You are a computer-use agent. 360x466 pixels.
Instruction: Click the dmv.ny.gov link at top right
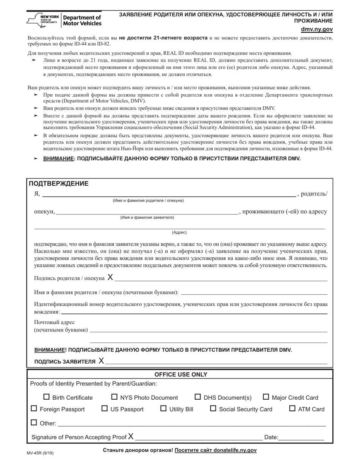point(317,29)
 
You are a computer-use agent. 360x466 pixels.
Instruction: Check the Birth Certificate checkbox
point(47,397)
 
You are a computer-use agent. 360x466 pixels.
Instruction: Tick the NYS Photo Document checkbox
point(114,397)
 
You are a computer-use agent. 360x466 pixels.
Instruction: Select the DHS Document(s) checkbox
point(198,397)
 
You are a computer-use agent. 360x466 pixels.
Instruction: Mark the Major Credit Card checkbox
point(266,397)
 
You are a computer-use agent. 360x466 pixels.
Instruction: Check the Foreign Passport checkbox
point(34,408)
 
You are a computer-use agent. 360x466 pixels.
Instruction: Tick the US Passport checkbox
point(105,408)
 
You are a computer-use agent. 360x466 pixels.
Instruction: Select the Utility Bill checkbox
point(163,408)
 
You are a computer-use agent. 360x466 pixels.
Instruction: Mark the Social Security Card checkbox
point(213,408)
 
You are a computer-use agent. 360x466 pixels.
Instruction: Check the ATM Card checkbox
point(292,408)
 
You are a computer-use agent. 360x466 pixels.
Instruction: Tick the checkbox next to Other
point(34,422)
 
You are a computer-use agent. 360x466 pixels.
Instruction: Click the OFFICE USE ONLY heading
point(180,374)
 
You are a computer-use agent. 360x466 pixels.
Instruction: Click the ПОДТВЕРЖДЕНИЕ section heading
point(59,184)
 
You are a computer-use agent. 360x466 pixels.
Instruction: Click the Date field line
point(302,437)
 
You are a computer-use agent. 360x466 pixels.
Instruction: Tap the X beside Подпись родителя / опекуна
point(110,277)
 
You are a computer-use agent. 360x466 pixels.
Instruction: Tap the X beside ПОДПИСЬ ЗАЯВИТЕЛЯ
point(101,361)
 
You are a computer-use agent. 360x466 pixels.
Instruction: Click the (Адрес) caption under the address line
point(179,232)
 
